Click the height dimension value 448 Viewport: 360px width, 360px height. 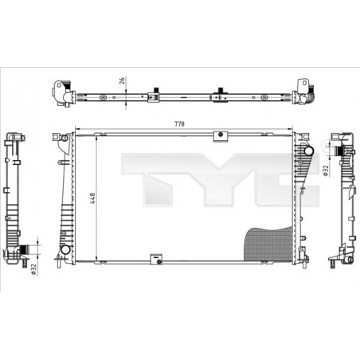click(x=92, y=197)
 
